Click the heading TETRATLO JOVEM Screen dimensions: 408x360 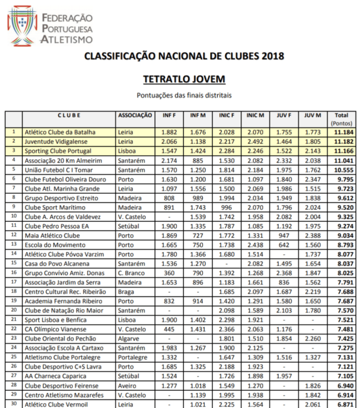(x=184, y=79)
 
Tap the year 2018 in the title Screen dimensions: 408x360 (x=272, y=56)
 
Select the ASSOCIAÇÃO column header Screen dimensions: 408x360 (x=135, y=116)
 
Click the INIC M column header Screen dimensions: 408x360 (x=255, y=116)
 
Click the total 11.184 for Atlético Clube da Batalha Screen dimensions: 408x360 (x=341, y=132)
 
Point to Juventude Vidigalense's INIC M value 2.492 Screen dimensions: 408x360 (x=255, y=142)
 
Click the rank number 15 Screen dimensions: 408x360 (x=14, y=264)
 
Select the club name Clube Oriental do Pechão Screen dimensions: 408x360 (x=61, y=338)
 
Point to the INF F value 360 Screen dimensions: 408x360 (x=169, y=273)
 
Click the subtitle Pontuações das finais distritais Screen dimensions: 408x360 (x=184, y=95)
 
